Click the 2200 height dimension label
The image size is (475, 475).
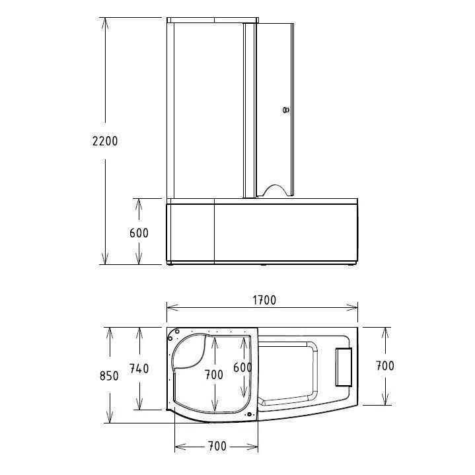105,141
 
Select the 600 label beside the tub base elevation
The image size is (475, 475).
139,233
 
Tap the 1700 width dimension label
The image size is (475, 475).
264,300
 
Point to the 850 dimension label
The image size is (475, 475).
109,376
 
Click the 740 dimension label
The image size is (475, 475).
139,369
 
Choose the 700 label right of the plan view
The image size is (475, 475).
385,365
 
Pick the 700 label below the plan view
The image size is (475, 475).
217,446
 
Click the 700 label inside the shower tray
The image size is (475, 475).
214,375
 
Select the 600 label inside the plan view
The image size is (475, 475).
242,367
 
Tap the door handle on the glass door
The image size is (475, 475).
285,110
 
